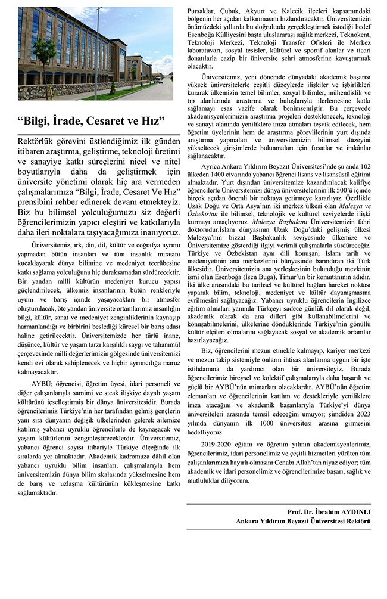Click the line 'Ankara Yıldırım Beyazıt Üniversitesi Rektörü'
click(x=303, y=521)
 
